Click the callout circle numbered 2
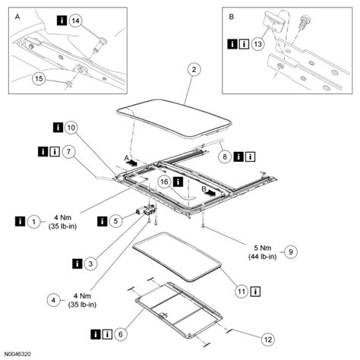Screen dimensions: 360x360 pyautogui.click(x=194, y=70)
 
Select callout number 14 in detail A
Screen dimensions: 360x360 pyautogui.click(x=75, y=21)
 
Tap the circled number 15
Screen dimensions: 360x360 pyautogui.click(x=39, y=79)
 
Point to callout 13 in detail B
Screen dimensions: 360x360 pyautogui.click(x=257, y=44)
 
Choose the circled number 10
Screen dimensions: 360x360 pyautogui.click(x=71, y=128)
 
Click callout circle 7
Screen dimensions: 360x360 pyautogui.click(x=68, y=152)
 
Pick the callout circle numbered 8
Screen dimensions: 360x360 pyautogui.click(x=225, y=157)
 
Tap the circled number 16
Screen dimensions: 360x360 pyautogui.click(x=164, y=182)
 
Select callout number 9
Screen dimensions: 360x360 pyautogui.click(x=291, y=252)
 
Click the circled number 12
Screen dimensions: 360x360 pyautogui.click(x=268, y=339)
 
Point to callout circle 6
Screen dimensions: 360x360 pyautogui.click(x=120, y=334)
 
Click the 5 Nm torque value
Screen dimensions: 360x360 pyautogui.click(x=263, y=248)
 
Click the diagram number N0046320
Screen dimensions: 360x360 pyautogui.click(x=17, y=354)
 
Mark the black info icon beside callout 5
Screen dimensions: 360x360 pyautogui.click(x=102, y=221)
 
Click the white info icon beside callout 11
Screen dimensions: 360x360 pyautogui.click(x=255, y=292)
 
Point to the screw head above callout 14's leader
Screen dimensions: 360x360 pyautogui.click(x=103, y=40)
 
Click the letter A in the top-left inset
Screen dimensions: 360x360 pyautogui.click(x=17, y=17)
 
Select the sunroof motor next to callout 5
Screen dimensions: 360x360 pyautogui.click(x=147, y=210)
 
